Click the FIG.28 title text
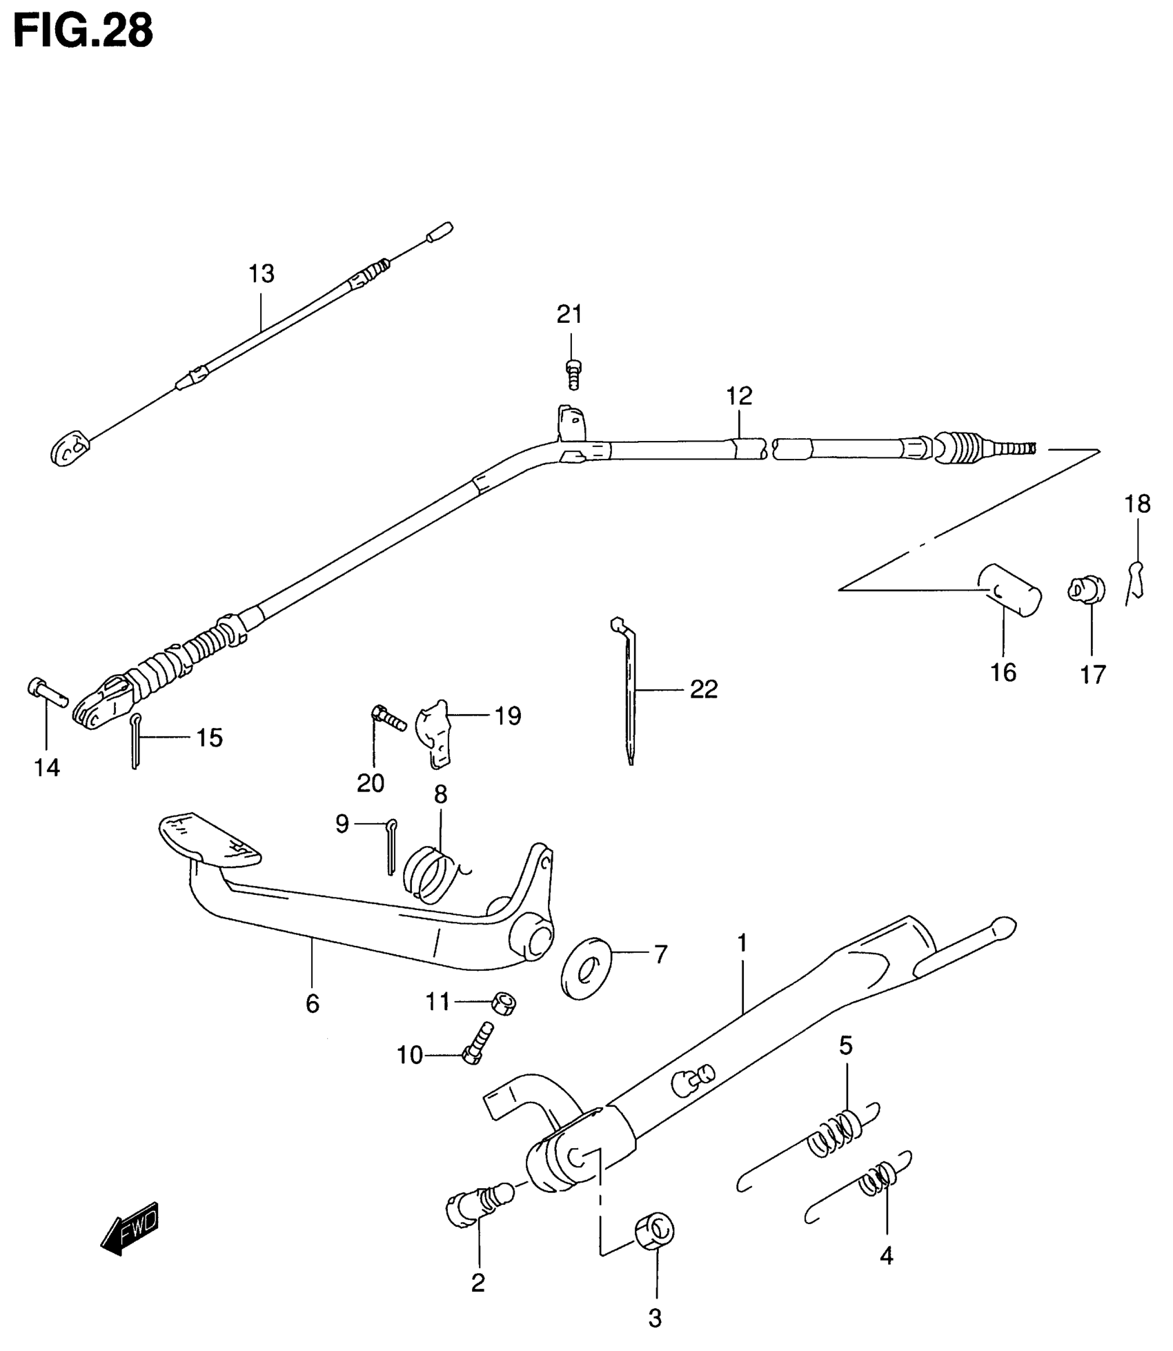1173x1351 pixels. pos(83,30)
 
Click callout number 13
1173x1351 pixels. pos(262,274)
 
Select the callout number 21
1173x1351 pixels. pos(570,315)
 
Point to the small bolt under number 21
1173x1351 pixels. pos(573,374)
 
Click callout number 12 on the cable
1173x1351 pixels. pos(739,396)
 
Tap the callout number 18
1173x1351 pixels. pos(1138,504)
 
